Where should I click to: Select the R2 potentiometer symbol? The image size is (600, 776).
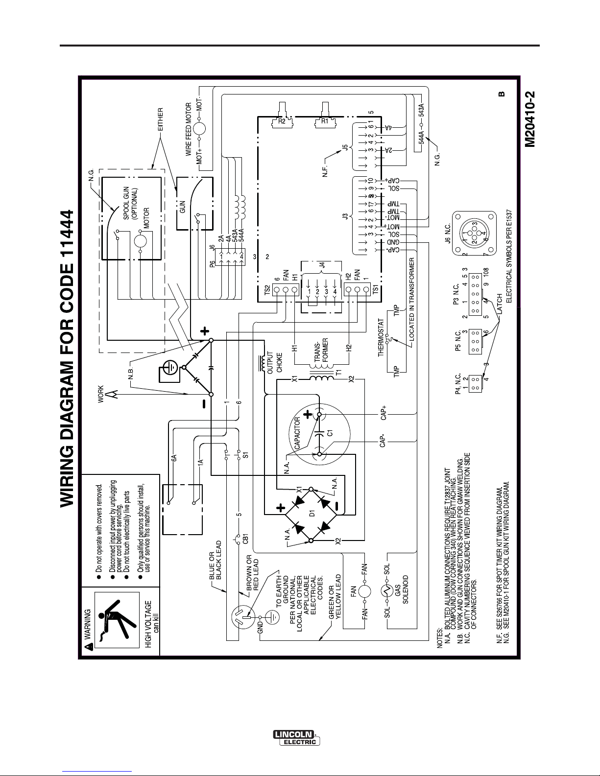282,117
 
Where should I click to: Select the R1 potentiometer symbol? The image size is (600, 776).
324,117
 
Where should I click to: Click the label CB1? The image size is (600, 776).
246,539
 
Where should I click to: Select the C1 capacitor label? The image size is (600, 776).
330,432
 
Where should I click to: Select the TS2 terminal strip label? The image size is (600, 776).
267,289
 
